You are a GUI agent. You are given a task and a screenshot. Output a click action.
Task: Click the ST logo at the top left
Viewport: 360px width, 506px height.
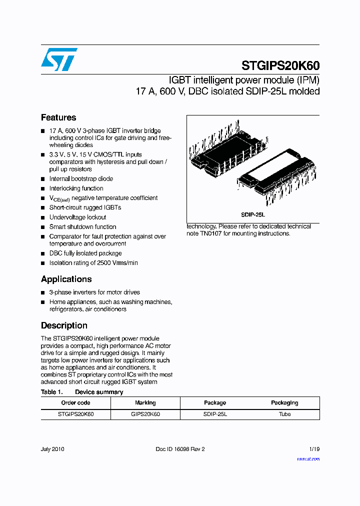[x=59, y=59]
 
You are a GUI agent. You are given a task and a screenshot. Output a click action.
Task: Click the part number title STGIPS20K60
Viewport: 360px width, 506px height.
[x=280, y=65]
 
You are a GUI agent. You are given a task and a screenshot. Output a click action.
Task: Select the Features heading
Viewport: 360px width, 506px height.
[x=58, y=117]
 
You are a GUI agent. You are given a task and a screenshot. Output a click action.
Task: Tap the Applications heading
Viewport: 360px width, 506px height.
[x=66, y=279]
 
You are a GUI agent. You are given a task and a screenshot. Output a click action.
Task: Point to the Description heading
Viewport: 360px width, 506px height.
[x=64, y=325]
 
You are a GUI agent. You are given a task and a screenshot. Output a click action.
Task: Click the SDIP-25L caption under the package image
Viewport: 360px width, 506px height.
[x=252, y=214]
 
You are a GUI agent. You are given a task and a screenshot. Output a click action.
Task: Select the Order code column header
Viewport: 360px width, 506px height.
[x=75, y=402]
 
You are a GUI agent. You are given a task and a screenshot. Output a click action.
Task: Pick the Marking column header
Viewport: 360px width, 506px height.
[x=145, y=402]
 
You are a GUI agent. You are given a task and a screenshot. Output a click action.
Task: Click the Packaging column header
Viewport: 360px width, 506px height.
[x=284, y=402]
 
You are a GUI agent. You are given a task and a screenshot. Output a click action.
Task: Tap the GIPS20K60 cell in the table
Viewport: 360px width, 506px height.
[x=145, y=414]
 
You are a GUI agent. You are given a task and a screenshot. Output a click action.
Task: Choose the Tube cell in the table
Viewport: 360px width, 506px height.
[x=284, y=414]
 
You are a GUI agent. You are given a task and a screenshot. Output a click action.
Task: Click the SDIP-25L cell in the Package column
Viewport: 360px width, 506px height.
[x=215, y=414]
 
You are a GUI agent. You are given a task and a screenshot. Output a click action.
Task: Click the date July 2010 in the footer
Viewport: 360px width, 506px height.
[x=52, y=449]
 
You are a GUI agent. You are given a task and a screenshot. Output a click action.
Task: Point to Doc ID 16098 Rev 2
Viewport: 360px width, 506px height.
[x=180, y=449]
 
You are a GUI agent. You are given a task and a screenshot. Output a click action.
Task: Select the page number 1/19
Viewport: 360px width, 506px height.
[x=314, y=449]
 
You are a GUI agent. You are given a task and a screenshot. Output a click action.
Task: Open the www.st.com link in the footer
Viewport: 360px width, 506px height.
[x=308, y=458]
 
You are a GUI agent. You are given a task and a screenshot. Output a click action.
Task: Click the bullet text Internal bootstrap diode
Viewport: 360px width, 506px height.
[x=81, y=179]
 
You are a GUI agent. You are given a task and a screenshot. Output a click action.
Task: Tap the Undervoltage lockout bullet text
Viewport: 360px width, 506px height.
[x=77, y=217]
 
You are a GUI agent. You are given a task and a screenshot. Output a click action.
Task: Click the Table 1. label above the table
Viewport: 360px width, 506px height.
[x=51, y=392]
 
